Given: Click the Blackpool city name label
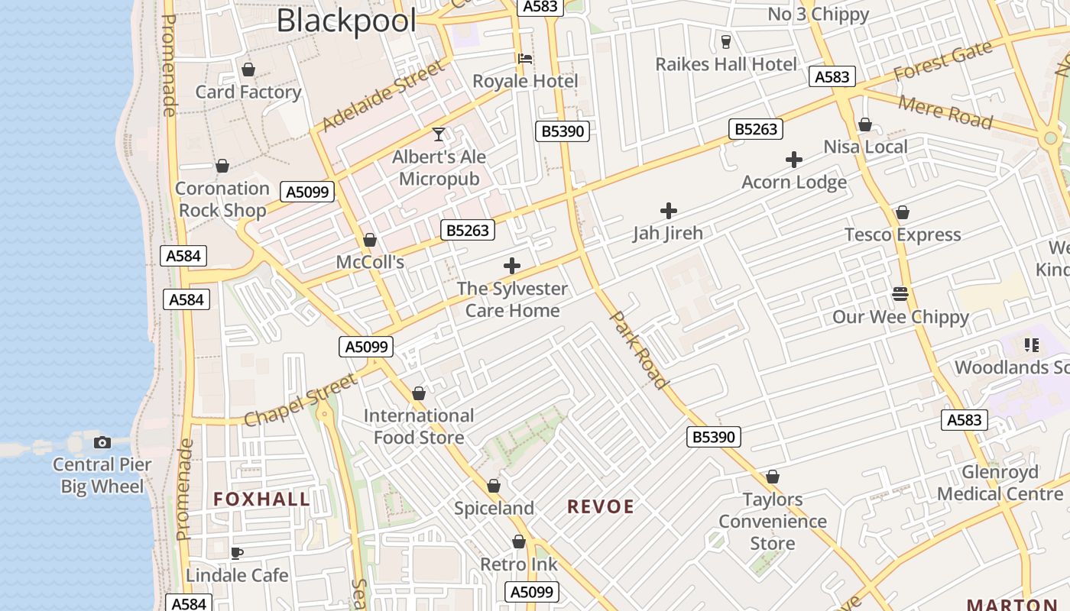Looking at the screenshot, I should [x=346, y=21].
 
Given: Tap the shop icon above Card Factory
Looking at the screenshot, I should [x=248, y=70].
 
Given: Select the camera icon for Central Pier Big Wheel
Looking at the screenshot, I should [x=102, y=442].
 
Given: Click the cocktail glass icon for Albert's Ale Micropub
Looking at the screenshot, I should [x=439, y=134].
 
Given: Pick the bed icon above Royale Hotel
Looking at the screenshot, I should [x=525, y=59].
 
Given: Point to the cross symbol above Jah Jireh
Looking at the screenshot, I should [x=669, y=211].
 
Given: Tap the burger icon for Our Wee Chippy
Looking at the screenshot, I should [x=900, y=294].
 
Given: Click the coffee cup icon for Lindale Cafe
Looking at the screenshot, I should [x=237, y=553].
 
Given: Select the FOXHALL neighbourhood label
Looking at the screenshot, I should [x=261, y=499].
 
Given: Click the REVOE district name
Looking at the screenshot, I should [x=601, y=506].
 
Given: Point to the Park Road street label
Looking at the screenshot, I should [x=640, y=350].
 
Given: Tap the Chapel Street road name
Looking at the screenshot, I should [x=300, y=400].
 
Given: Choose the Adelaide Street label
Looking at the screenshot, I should [x=383, y=96].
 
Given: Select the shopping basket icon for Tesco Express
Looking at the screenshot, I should [x=903, y=212].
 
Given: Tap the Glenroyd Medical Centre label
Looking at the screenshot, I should [x=1000, y=483].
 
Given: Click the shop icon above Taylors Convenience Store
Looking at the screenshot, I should [x=773, y=477].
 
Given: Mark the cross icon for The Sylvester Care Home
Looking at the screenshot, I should [x=512, y=266].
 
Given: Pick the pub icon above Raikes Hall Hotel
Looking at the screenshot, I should [x=726, y=41].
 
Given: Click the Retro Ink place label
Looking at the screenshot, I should [x=518, y=564].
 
